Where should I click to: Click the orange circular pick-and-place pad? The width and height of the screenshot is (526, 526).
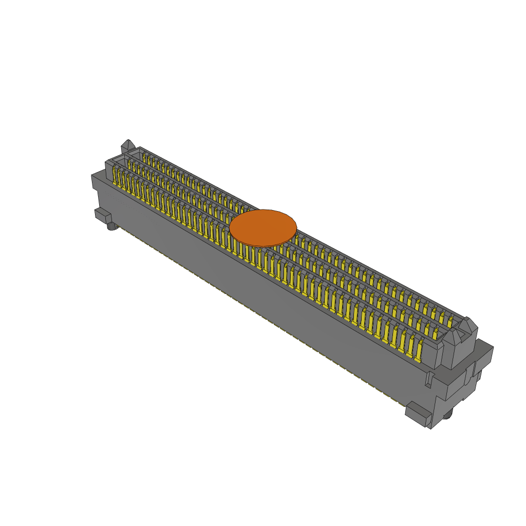(263, 227)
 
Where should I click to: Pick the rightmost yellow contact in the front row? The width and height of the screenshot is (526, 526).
(419, 353)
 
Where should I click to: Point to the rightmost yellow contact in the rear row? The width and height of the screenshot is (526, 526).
(450, 322)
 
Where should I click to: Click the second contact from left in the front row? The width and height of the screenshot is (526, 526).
(122, 180)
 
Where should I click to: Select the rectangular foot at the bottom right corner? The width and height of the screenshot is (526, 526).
(419, 414)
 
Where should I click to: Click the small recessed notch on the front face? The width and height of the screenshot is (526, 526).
(428, 379)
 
